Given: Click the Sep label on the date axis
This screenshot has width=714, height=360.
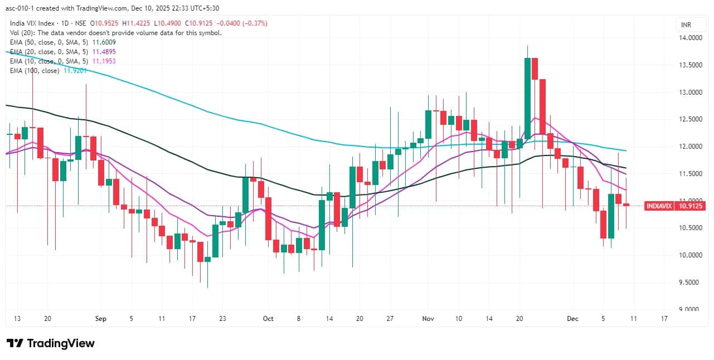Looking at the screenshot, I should tap(100, 319).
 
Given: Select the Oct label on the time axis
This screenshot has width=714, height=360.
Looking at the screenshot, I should tap(269, 319).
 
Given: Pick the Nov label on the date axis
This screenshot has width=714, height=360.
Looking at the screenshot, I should tap(428, 319).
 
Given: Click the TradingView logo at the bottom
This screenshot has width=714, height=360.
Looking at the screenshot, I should tap(50, 343).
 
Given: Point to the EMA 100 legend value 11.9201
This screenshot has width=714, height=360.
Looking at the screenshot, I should tap(74, 71).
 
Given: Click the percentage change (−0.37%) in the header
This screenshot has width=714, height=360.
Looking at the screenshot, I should tap(255, 23).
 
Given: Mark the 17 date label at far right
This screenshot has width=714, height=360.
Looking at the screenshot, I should tap(663, 319).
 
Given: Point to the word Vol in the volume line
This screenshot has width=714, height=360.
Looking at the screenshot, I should tap(16, 33).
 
